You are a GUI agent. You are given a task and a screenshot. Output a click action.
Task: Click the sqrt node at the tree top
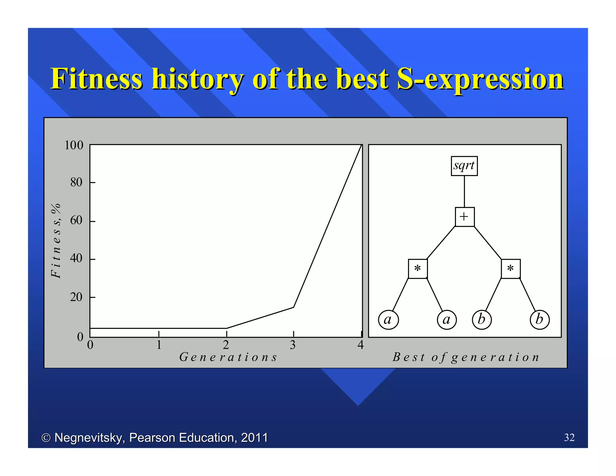click(464, 166)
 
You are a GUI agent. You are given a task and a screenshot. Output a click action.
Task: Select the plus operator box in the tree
click(465, 217)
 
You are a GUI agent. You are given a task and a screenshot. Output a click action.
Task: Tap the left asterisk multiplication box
click(417, 269)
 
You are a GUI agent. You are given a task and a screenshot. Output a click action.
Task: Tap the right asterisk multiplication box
click(510, 269)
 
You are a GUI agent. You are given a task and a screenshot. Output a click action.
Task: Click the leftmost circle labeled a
click(388, 320)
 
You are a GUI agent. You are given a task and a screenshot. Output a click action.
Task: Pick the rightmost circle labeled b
click(540, 320)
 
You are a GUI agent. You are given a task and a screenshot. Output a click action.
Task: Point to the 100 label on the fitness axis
click(74, 145)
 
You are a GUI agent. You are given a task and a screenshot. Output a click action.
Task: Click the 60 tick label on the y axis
click(76, 221)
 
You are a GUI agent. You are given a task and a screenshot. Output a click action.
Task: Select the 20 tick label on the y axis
click(76, 297)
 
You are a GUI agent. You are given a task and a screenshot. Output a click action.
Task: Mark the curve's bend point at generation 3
click(294, 307)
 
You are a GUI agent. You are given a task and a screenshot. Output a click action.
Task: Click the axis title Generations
click(228, 357)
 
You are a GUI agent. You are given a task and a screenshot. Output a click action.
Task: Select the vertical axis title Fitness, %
click(56, 241)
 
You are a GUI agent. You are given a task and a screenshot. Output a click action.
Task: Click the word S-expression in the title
click(480, 79)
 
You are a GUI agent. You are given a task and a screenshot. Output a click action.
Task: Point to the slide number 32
click(569, 437)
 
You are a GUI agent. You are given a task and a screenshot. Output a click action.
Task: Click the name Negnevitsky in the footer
click(89, 437)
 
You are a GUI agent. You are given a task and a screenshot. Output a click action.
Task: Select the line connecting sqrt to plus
click(464, 191)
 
